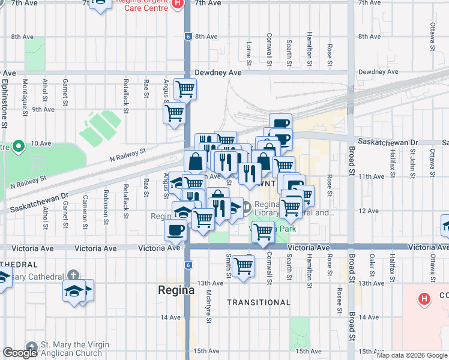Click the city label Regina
[x=176, y=290]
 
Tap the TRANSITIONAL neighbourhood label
[x=258, y=302]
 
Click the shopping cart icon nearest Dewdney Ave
[x=185, y=89]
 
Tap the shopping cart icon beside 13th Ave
[x=243, y=265]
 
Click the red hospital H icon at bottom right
[x=424, y=299]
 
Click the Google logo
[x=20, y=353]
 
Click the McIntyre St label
[x=208, y=306]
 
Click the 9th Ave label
[x=43, y=109]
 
